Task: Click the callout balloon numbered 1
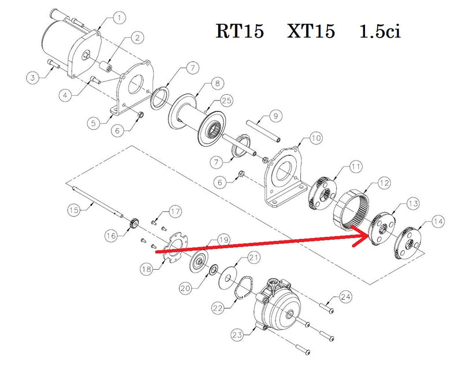click(118, 18)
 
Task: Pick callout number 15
click(73, 209)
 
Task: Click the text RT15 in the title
click(240, 31)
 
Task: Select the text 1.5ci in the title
click(379, 31)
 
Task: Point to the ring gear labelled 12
click(351, 211)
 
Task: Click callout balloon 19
click(223, 239)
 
